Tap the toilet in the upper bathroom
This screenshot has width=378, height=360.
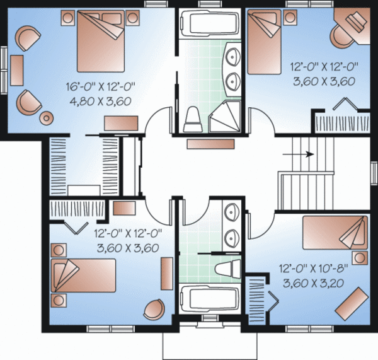pos(193,119)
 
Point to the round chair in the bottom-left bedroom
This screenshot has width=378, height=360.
pos(152,310)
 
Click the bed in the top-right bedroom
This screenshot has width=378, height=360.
pos(265,34)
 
